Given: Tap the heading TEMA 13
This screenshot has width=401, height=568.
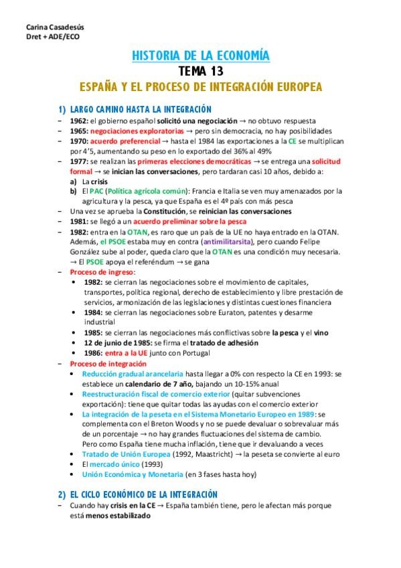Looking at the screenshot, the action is (x=200, y=71).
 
